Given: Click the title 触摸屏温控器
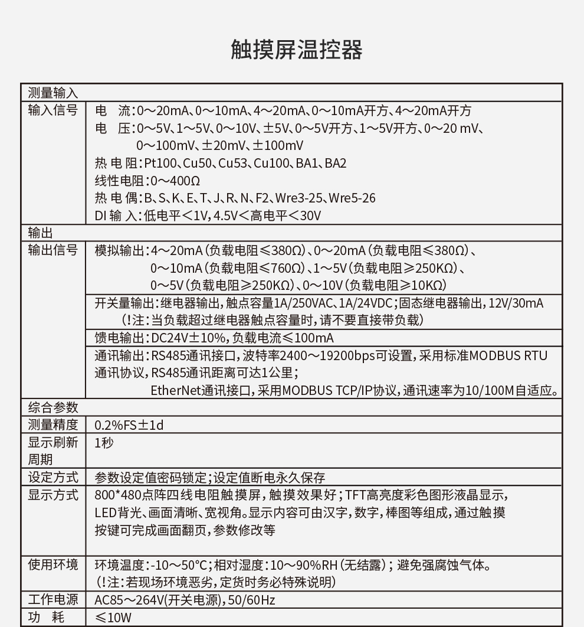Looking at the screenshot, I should (x=296, y=50).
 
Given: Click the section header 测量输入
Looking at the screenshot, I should (x=53, y=93).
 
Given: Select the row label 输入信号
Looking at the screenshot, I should (x=53, y=110).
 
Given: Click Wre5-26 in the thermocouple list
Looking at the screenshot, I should (x=352, y=198).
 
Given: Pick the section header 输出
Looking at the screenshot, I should (x=41, y=233).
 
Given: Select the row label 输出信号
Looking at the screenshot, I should (x=53, y=250).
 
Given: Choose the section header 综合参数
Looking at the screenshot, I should (x=53, y=408).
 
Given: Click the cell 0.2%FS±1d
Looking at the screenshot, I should (x=129, y=425).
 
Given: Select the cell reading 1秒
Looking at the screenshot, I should (x=104, y=442).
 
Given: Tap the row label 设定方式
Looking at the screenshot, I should (x=53, y=477).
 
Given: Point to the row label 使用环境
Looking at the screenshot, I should (x=53, y=565).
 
